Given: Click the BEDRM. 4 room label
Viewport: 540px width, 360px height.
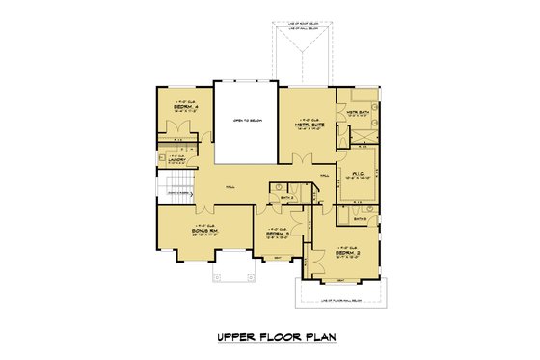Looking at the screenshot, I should tap(183, 107).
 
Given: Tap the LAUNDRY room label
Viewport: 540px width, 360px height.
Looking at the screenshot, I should tap(176, 162).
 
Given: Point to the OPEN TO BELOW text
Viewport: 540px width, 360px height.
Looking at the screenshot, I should tap(245, 122).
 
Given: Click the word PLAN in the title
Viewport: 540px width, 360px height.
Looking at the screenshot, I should tap(327, 338).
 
